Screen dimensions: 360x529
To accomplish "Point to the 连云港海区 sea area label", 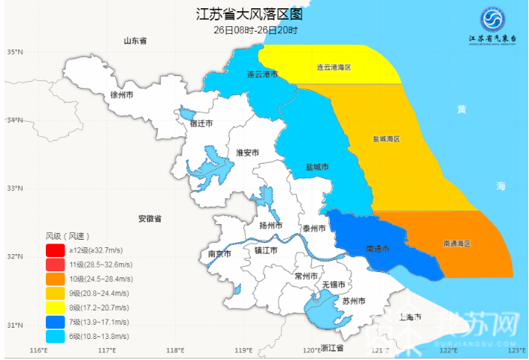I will pyautogui.click(x=333, y=68).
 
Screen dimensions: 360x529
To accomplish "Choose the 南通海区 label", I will pyautogui.click(x=456, y=244).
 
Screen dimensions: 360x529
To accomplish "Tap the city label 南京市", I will pyautogui.click(x=219, y=254).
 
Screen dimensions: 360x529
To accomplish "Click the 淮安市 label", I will pyautogui.click(x=247, y=153).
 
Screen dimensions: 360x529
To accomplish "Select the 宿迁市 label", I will pyautogui.click(x=201, y=123).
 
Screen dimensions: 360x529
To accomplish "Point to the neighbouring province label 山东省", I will pyautogui.click(x=135, y=41).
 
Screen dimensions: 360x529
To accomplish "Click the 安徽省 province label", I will pyautogui.click(x=150, y=219).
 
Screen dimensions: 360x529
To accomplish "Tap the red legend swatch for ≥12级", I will pyautogui.click(x=55, y=250).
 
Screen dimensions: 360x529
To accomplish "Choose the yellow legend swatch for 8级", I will pyautogui.click(x=55, y=308).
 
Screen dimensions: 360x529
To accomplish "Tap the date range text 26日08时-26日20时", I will pyautogui.click(x=255, y=30).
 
